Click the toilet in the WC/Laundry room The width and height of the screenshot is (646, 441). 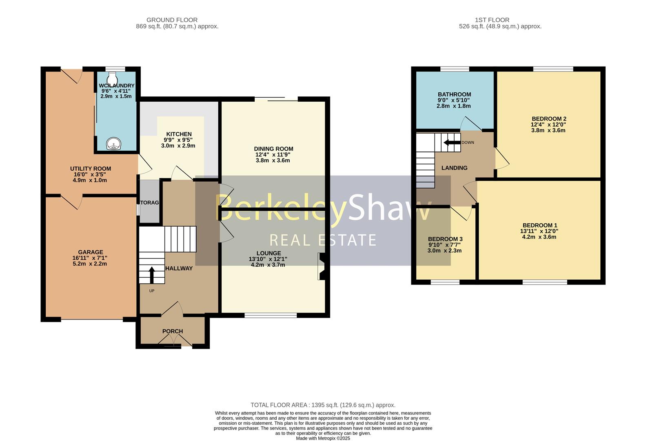click(112, 77)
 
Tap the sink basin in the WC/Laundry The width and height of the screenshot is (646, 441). click(113, 144)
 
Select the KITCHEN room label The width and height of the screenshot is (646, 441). click(179, 134)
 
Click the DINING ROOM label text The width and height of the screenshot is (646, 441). click(273, 149)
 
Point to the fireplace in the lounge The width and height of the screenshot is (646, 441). click(322, 266)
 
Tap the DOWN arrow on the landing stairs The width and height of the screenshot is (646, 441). click(451, 143)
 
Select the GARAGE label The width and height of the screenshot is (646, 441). click(91, 252)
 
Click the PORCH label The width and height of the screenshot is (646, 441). click(173, 331)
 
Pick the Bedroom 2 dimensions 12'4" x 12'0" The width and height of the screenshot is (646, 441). click(548, 125)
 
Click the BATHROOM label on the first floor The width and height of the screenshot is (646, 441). click(454, 94)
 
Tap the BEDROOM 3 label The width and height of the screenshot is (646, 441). click(445, 239)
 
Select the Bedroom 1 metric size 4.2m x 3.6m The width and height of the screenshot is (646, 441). click(539, 237)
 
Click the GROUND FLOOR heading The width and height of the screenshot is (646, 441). click(172, 20)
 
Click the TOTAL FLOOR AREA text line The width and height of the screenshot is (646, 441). click(323, 405)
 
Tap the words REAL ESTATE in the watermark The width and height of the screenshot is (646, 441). click(323, 240)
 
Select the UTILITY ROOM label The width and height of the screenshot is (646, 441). click(90, 169)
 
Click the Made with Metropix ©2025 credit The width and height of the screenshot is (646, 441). click(323, 438)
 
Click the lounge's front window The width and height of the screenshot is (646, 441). click(271, 315)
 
